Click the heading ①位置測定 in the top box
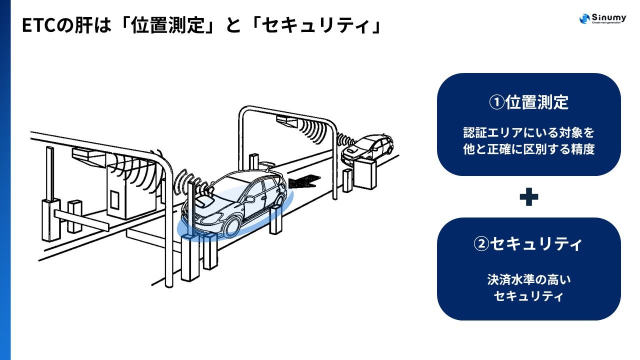[x=528, y=102]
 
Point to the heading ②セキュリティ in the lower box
[x=528, y=244]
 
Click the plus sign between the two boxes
[x=528, y=197]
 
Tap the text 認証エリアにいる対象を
[x=528, y=133]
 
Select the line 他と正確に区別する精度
[x=528, y=149]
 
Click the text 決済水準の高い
[x=528, y=279]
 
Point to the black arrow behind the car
[x=304, y=180]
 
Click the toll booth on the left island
[x=122, y=192]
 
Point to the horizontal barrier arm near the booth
[x=80, y=220]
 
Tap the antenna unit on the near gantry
[x=88, y=155]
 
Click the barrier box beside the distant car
[x=365, y=173]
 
